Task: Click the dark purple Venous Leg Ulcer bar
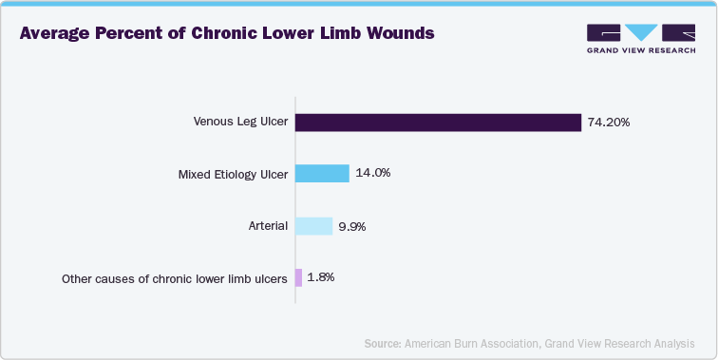[x=438, y=123]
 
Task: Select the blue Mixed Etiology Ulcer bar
[x=323, y=174]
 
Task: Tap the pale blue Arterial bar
[x=314, y=226]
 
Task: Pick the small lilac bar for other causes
[x=299, y=278]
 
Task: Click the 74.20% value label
[x=609, y=123]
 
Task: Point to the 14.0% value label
[x=371, y=174]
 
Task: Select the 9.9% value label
[x=351, y=226]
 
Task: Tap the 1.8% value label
[x=321, y=278]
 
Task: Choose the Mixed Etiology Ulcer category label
[x=233, y=175]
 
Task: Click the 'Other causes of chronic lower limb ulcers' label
[x=175, y=279]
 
